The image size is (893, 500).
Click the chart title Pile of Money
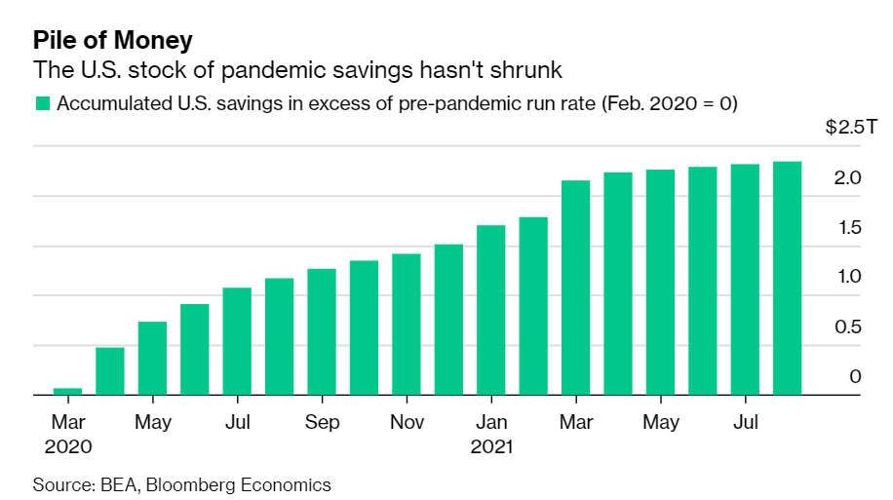(x=113, y=40)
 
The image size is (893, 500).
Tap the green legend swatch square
(x=42, y=103)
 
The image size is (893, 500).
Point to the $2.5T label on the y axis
(x=843, y=129)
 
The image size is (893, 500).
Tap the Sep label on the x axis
(x=322, y=423)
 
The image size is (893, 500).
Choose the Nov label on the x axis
(x=407, y=423)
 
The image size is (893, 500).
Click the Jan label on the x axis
(x=491, y=423)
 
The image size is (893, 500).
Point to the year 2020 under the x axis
(x=67, y=447)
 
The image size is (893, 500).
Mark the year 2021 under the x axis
(x=491, y=447)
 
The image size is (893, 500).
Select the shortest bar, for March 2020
(x=67, y=391)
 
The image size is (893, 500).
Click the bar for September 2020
(x=322, y=331)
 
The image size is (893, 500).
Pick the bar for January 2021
(x=491, y=310)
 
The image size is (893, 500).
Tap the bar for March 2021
(x=576, y=288)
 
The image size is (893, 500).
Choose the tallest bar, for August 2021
(x=788, y=278)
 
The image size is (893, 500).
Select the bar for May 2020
(x=152, y=358)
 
